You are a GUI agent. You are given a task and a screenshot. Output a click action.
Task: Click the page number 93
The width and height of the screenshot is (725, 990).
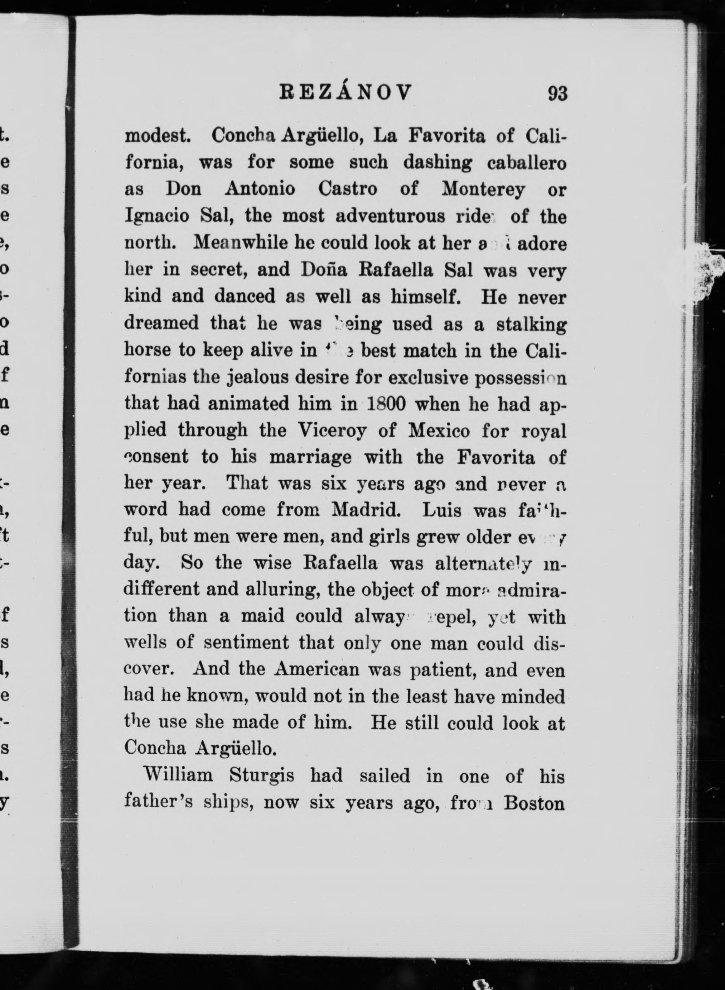[557, 93]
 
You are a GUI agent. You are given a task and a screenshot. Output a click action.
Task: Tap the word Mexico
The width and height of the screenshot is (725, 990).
[439, 431]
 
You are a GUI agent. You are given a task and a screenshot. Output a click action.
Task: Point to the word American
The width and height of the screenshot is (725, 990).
[316, 669]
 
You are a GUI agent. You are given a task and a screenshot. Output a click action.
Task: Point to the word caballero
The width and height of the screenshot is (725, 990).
[527, 163]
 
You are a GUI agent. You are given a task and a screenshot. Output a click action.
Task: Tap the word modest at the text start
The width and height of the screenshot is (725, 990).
[157, 136]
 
